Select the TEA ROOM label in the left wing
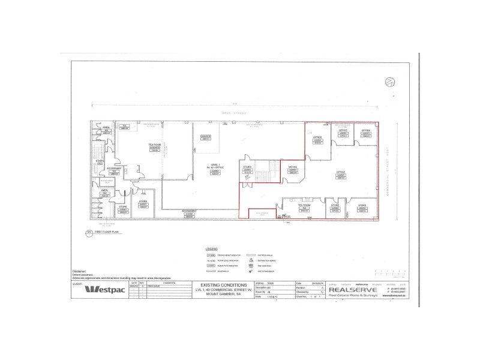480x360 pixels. [x=154, y=145]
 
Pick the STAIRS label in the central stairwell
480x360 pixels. [x=247, y=167]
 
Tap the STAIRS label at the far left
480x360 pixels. [x=100, y=161]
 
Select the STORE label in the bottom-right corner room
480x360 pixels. [x=362, y=205]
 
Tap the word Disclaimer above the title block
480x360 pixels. [x=80, y=271]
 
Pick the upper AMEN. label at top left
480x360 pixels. [x=105, y=128]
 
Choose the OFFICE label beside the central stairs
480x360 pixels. [x=293, y=167]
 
